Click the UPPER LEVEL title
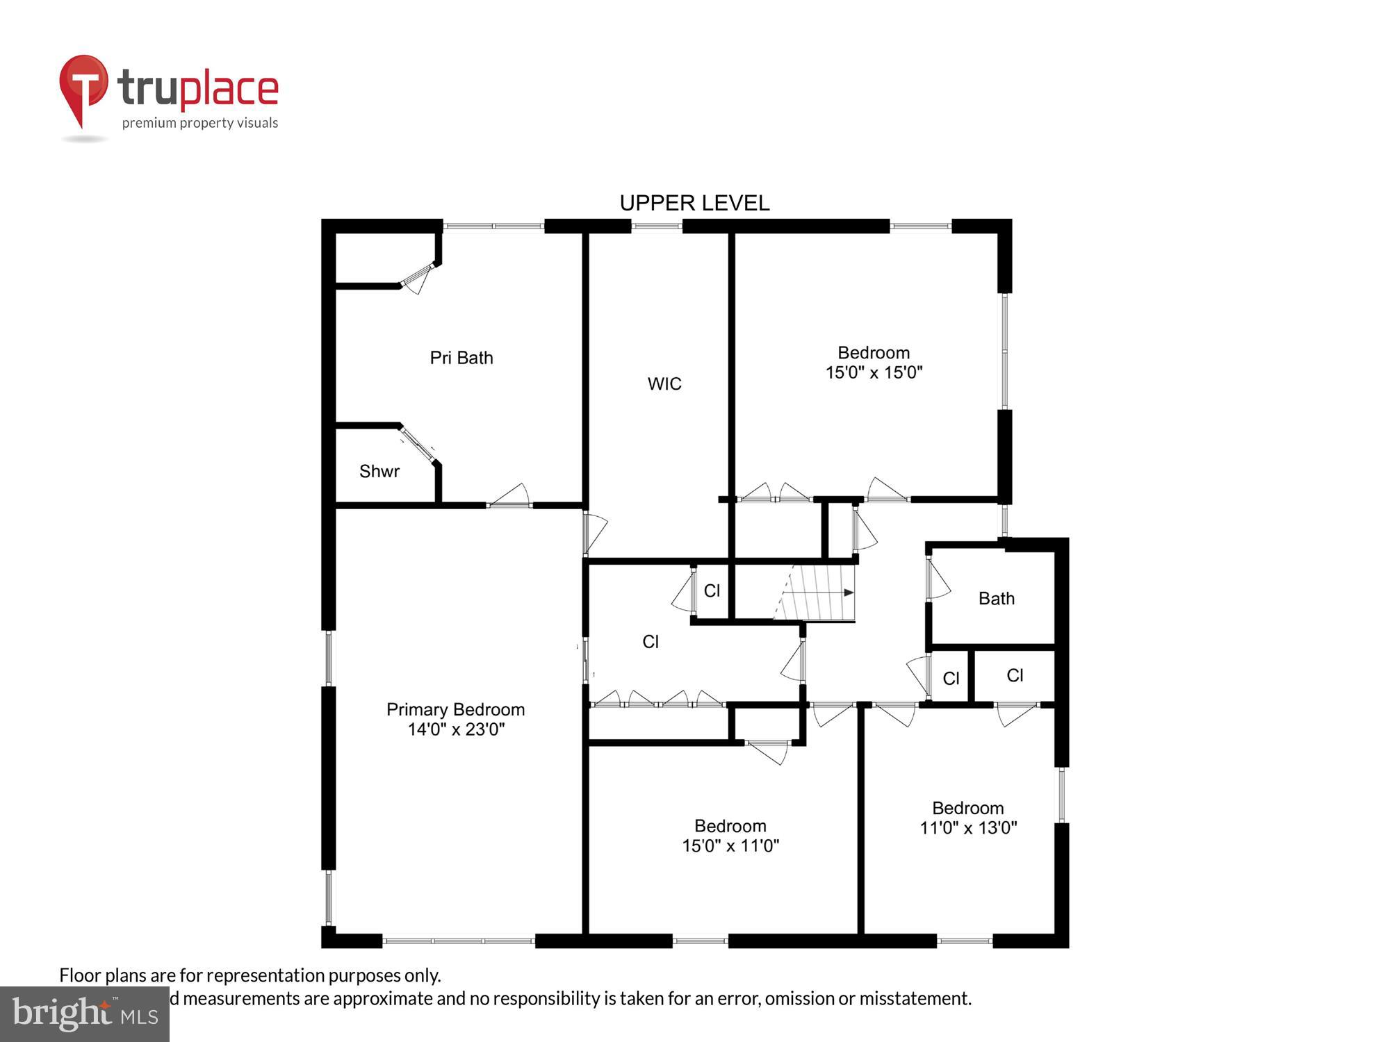pyautogui.click(x=694, y=203)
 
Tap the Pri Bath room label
pyautogui.click(x=461, y=358)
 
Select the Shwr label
pyautogui.click(x=379, y=472)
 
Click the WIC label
pyautogui.click(x=664, y=384)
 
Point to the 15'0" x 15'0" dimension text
pyautogui.click(x=874, y=373)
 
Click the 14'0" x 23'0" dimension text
pyautogui.click(x=456, y=729)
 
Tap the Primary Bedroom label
pyautogui.click(x=455, y=709)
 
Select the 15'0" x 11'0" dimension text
pyautogui.click(x=730, y=845)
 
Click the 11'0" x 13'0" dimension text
pyautogui.click(x=968, y=828)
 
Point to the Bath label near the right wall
pyautogui.click(x=997, y=599)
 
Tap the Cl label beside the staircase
pyautogui.click(x=712, y=590)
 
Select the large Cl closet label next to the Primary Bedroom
pyautogui.click(x=651, y=642)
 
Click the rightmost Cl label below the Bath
pyautogui.click(x=1015, y=675)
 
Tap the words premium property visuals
pyautogui.click(x=200, y=124)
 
